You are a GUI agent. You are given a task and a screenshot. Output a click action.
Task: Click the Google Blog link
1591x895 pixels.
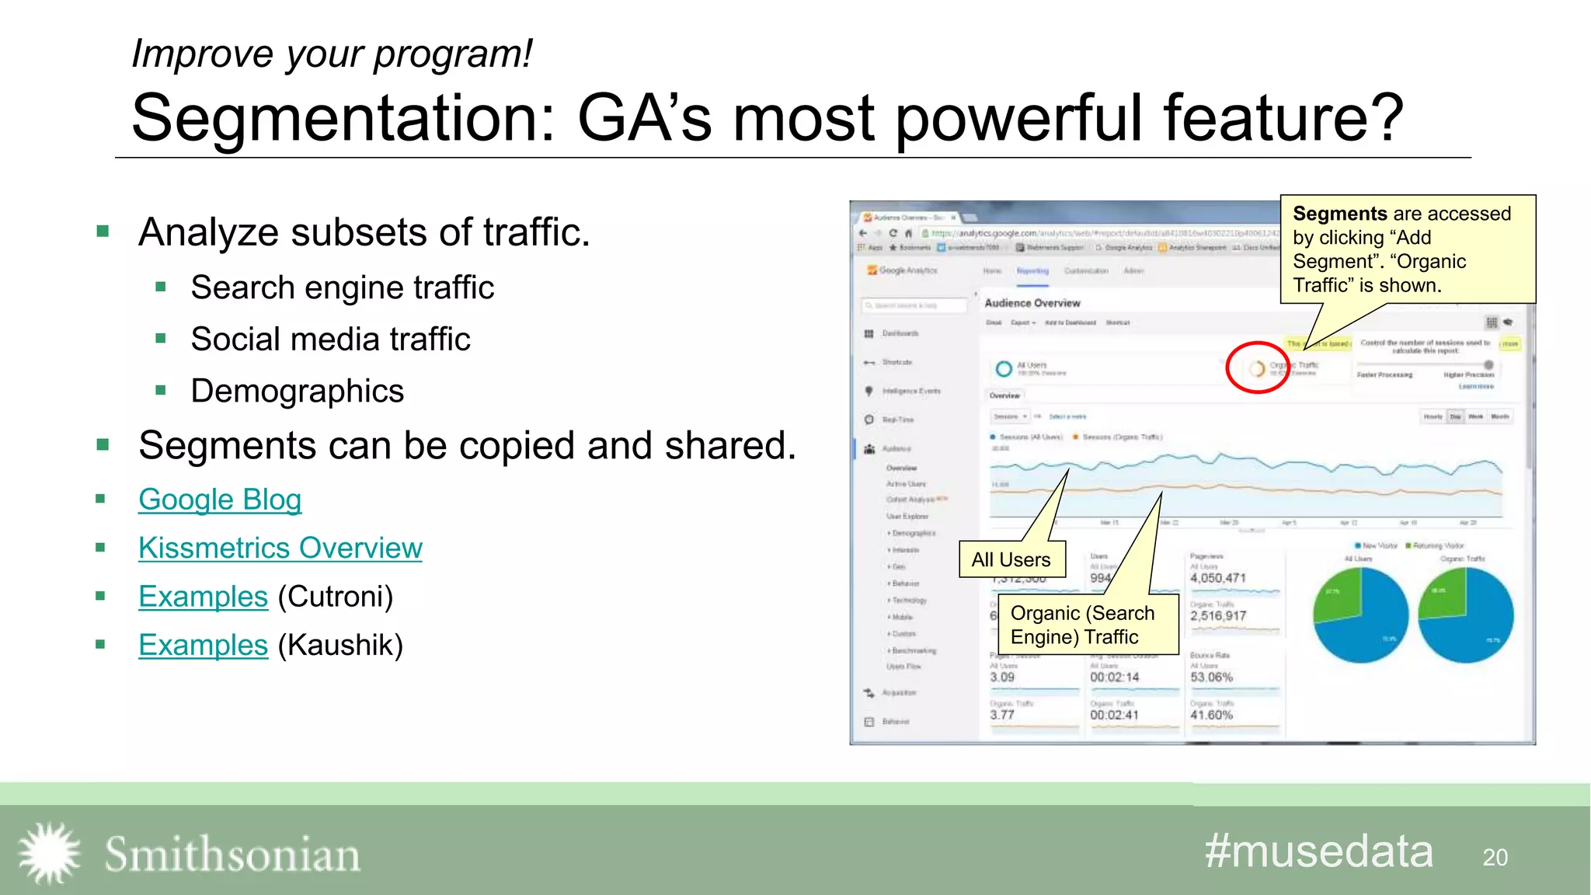click(x=220, y=500)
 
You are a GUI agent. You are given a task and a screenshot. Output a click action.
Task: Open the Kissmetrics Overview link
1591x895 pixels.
click(x=280, y=548)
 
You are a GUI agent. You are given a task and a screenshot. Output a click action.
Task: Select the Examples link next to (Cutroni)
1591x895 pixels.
click(x=203, y=597)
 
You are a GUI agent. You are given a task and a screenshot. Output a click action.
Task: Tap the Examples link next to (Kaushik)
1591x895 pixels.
click(x=203, y=645)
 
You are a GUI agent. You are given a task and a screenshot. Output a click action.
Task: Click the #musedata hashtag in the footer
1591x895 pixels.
click(x=1318, y=851)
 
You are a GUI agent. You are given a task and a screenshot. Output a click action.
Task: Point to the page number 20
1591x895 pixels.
click(x=1495, y=858)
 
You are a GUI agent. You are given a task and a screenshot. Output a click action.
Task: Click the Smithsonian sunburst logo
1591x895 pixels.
click(x=50, y=853)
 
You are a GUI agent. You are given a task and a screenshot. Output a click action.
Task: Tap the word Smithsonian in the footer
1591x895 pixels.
click(x=232, y=855)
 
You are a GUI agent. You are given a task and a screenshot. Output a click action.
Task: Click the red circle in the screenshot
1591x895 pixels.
click(x=1258, y=367)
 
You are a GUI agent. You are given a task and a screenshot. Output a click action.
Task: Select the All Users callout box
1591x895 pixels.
click(x=1011, y=559)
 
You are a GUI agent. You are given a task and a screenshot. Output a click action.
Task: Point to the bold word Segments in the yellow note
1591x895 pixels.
click(x=1339, y=214)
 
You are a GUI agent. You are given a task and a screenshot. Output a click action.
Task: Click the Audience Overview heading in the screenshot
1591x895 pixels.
click(x=1032, y=303)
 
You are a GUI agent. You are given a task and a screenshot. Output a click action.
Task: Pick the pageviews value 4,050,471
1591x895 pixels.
click(x=1217, y=578)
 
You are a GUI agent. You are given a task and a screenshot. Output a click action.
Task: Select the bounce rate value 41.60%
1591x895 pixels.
click(x=1211, y=715)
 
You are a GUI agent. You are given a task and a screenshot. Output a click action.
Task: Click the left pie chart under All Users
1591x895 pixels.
click(x=1361, y=615)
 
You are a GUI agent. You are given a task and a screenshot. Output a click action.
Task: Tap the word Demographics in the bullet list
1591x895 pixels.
click(x=297, y=391)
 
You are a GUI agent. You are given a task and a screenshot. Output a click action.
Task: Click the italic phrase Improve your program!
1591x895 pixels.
click(x=332, y=54)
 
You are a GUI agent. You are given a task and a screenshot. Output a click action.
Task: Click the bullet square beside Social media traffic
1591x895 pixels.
click(x=161, y=339)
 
